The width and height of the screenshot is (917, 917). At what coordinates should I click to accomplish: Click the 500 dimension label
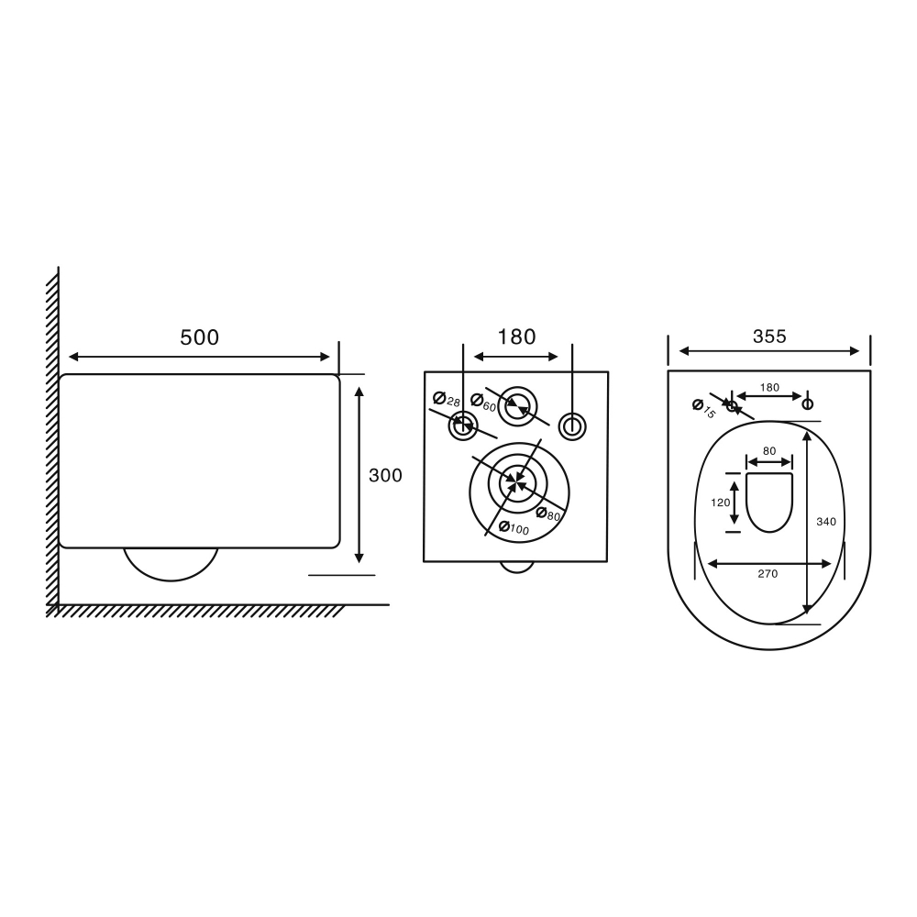pos(199,337)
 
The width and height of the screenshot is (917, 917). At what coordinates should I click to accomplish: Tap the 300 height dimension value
pos(385,475)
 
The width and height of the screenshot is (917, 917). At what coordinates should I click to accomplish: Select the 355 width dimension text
pos(769,337)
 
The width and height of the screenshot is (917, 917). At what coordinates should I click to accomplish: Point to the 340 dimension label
pos(825,521)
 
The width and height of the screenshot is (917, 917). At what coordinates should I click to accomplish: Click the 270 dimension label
pos(768,574)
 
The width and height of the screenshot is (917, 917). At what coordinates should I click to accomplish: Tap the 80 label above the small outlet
pos(768,450)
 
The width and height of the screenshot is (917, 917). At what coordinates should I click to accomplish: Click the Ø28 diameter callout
pos(447,400)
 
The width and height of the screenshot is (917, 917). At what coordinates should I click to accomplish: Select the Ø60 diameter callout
pos(483,401)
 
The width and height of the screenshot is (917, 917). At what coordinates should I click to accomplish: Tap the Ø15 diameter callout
pos(703,408)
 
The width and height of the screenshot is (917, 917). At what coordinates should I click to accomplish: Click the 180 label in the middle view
pos(516,337)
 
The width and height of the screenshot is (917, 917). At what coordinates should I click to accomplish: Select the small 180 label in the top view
pos(769,387)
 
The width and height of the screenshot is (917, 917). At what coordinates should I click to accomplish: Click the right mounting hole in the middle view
pos(572,425)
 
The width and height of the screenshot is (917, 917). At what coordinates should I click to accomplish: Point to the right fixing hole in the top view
pos(808,404)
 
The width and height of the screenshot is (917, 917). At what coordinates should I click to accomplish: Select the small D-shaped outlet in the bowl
pos(769,502)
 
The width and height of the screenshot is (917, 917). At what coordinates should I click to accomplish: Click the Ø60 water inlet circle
pos(518,403)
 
